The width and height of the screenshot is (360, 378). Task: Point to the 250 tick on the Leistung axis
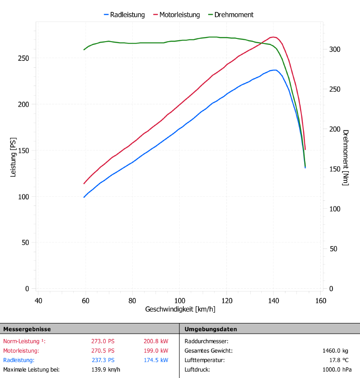[x=24, y=58]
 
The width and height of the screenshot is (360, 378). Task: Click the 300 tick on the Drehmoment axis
[x=335, y=49]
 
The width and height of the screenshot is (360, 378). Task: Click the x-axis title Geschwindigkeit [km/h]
[x=180, y=309]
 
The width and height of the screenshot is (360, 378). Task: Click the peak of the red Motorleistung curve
[x=273, y=37]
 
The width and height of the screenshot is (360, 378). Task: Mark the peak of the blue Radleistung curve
[x=274, y=70]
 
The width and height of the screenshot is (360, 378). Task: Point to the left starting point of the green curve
[x=84, y=49]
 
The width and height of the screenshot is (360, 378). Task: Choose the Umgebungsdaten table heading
[x=210, y=329]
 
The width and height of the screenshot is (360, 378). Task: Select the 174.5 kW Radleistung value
[x=152, y=360]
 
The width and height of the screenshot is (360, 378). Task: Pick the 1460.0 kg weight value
[x=336, y=351]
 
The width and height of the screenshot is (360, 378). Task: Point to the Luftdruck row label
[x=197, y=369]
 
